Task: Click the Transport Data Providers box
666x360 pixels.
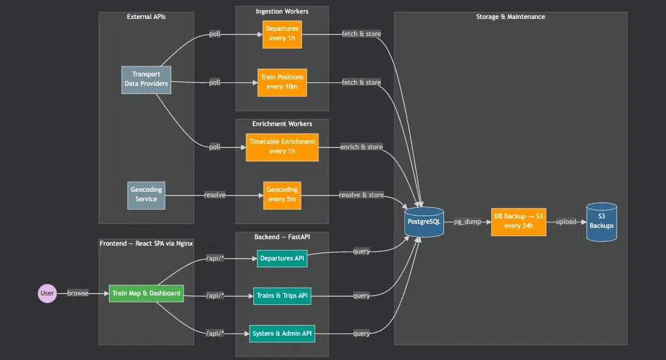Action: (x=146, y=79)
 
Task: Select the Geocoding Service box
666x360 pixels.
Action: (x=146, y=195)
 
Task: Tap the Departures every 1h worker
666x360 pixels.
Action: (x=282, y=34)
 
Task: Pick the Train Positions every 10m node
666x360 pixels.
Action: (x=282, y=82)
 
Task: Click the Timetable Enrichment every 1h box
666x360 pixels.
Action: (x=282, y=147)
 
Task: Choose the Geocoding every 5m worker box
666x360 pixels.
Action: (x=282, y=195)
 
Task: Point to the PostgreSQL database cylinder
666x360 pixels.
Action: (x=424, y=221)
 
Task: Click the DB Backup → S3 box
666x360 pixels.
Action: (x=519, y=221)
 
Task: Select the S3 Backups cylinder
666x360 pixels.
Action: (x=601, y=221)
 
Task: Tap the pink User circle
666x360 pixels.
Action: (x=47, y=293)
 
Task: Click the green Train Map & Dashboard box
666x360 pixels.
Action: (x=146, y=293)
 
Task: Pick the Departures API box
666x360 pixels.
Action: (x=282, y=258)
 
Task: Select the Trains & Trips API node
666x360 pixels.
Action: (x=282, y=295)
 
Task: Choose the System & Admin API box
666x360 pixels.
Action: (x=282, y=333)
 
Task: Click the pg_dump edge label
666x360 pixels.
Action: (x=467, y=222)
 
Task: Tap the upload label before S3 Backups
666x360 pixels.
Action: (x=566, y=221)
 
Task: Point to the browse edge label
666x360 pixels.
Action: (x=78, y=293)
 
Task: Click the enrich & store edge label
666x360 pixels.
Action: (x=361, y=147)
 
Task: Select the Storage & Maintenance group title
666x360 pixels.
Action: (x=510, y=17)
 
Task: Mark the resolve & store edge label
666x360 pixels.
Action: (x=361, y=195)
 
